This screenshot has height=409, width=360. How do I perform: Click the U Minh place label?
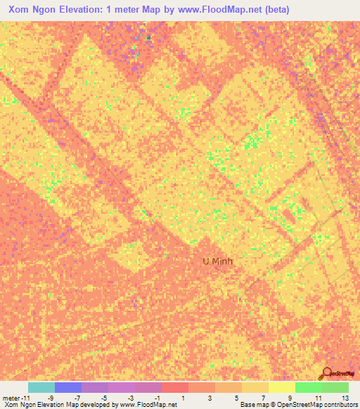click(x=217, y=261)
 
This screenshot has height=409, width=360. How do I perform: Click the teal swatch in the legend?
click(x=41, y=387)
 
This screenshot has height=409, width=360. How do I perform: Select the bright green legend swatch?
click(x=308, y=387)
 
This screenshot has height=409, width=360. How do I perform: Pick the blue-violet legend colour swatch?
click(x=68, y=387)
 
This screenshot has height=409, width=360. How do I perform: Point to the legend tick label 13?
click(x=345, y=397)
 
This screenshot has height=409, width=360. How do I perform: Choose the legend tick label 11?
click(x=318, y=397)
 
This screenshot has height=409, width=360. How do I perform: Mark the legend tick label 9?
click(x=291, y=397)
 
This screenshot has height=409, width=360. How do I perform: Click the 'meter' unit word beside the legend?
click(x=13, y=397)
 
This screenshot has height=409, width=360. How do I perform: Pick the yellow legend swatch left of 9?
click(x=281, y=387)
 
